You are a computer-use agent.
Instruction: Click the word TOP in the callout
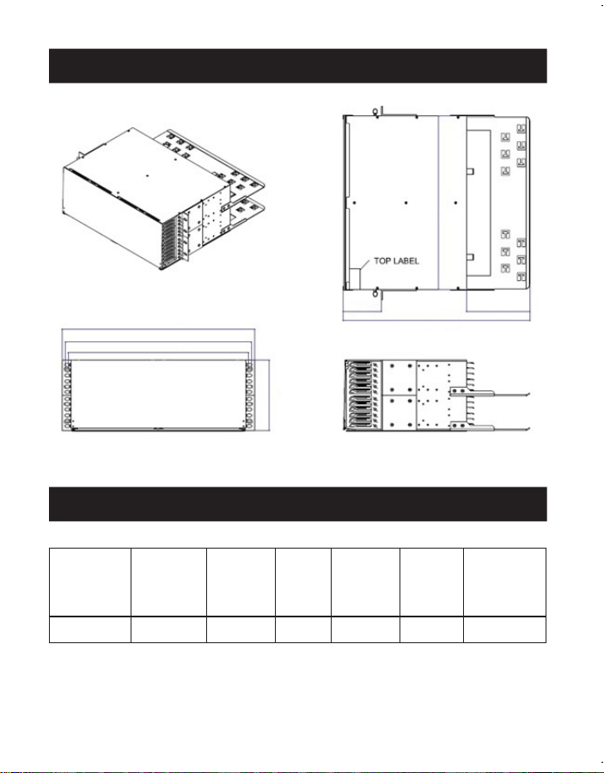point(383,261)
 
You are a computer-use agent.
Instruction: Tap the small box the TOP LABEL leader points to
point(355,279)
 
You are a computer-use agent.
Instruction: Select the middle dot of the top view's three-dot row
point(406,203)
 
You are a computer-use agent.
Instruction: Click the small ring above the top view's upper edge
point(375,111)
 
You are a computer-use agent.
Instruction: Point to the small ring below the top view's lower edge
point(375,294)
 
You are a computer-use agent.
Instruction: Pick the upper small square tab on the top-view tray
point(471,170)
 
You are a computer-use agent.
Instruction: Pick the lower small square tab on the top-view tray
point(471,257)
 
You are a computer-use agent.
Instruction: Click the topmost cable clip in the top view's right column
point(522,129)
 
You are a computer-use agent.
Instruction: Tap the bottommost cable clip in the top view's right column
point(522,276)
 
